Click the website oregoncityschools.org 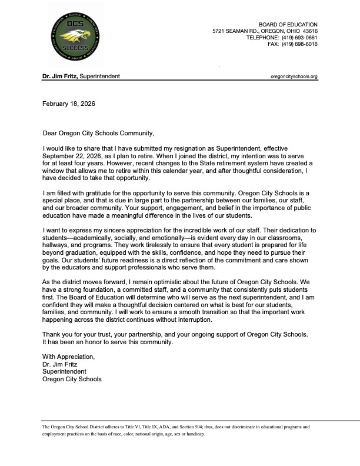click(294, 76)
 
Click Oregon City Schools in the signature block click(72, 380)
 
